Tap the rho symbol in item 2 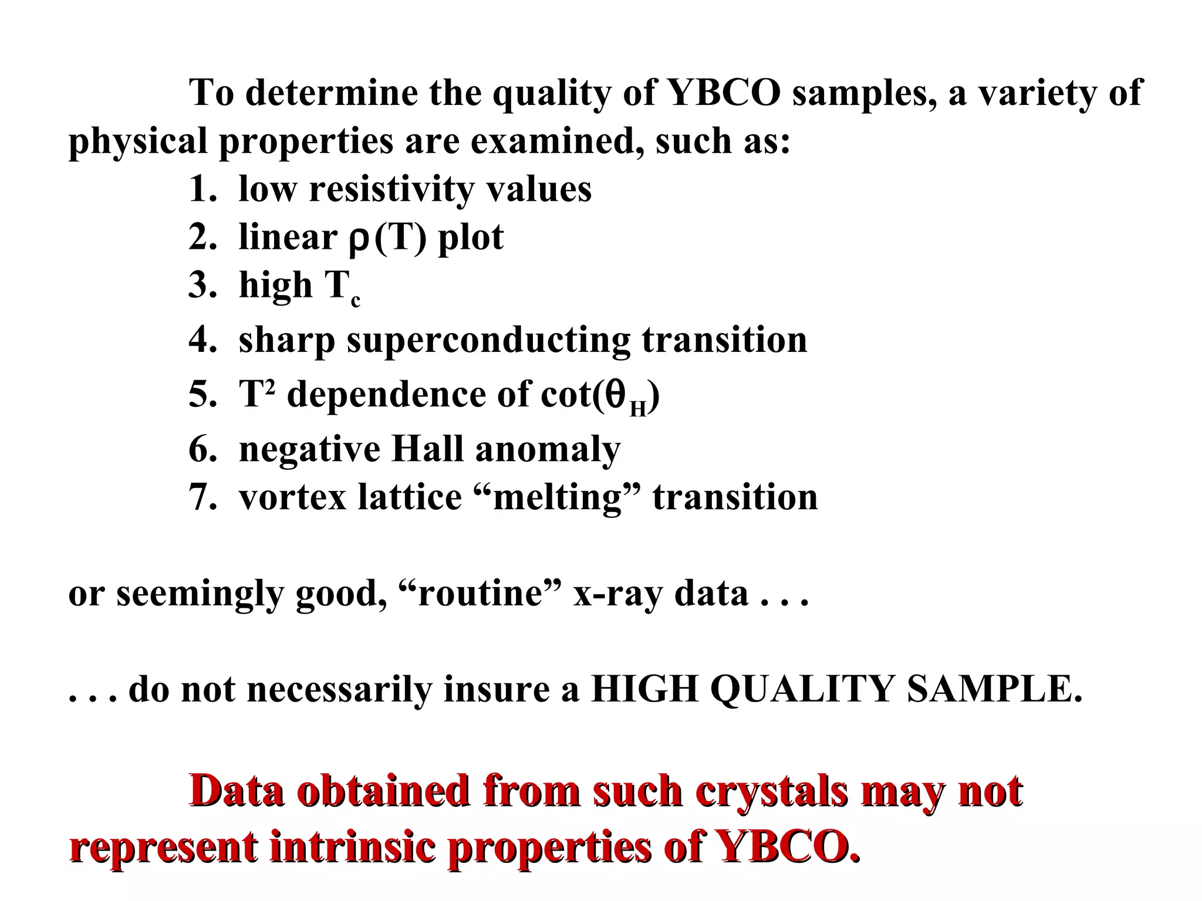tap(359, 239)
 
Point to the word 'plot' tap(470, 238)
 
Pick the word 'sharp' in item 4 tap(287, 340)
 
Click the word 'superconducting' tap(488, 340)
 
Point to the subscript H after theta tap(638, 408)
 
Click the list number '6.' tap(202, 449)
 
